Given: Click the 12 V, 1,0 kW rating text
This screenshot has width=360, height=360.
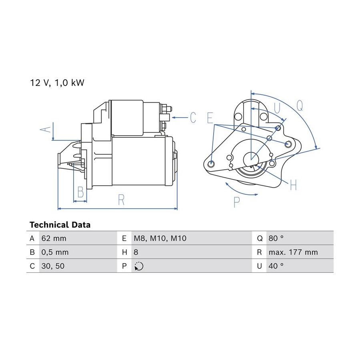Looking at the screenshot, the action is [57, 83].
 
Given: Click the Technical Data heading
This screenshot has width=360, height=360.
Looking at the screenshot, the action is [60, 224].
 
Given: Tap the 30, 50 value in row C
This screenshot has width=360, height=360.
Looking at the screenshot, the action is [53, 266].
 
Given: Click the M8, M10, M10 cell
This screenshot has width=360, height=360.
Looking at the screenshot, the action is [160, 238].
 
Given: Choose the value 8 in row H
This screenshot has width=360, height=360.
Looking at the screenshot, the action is [136, 252].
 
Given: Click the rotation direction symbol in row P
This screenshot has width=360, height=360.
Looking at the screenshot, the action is [139, 266].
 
